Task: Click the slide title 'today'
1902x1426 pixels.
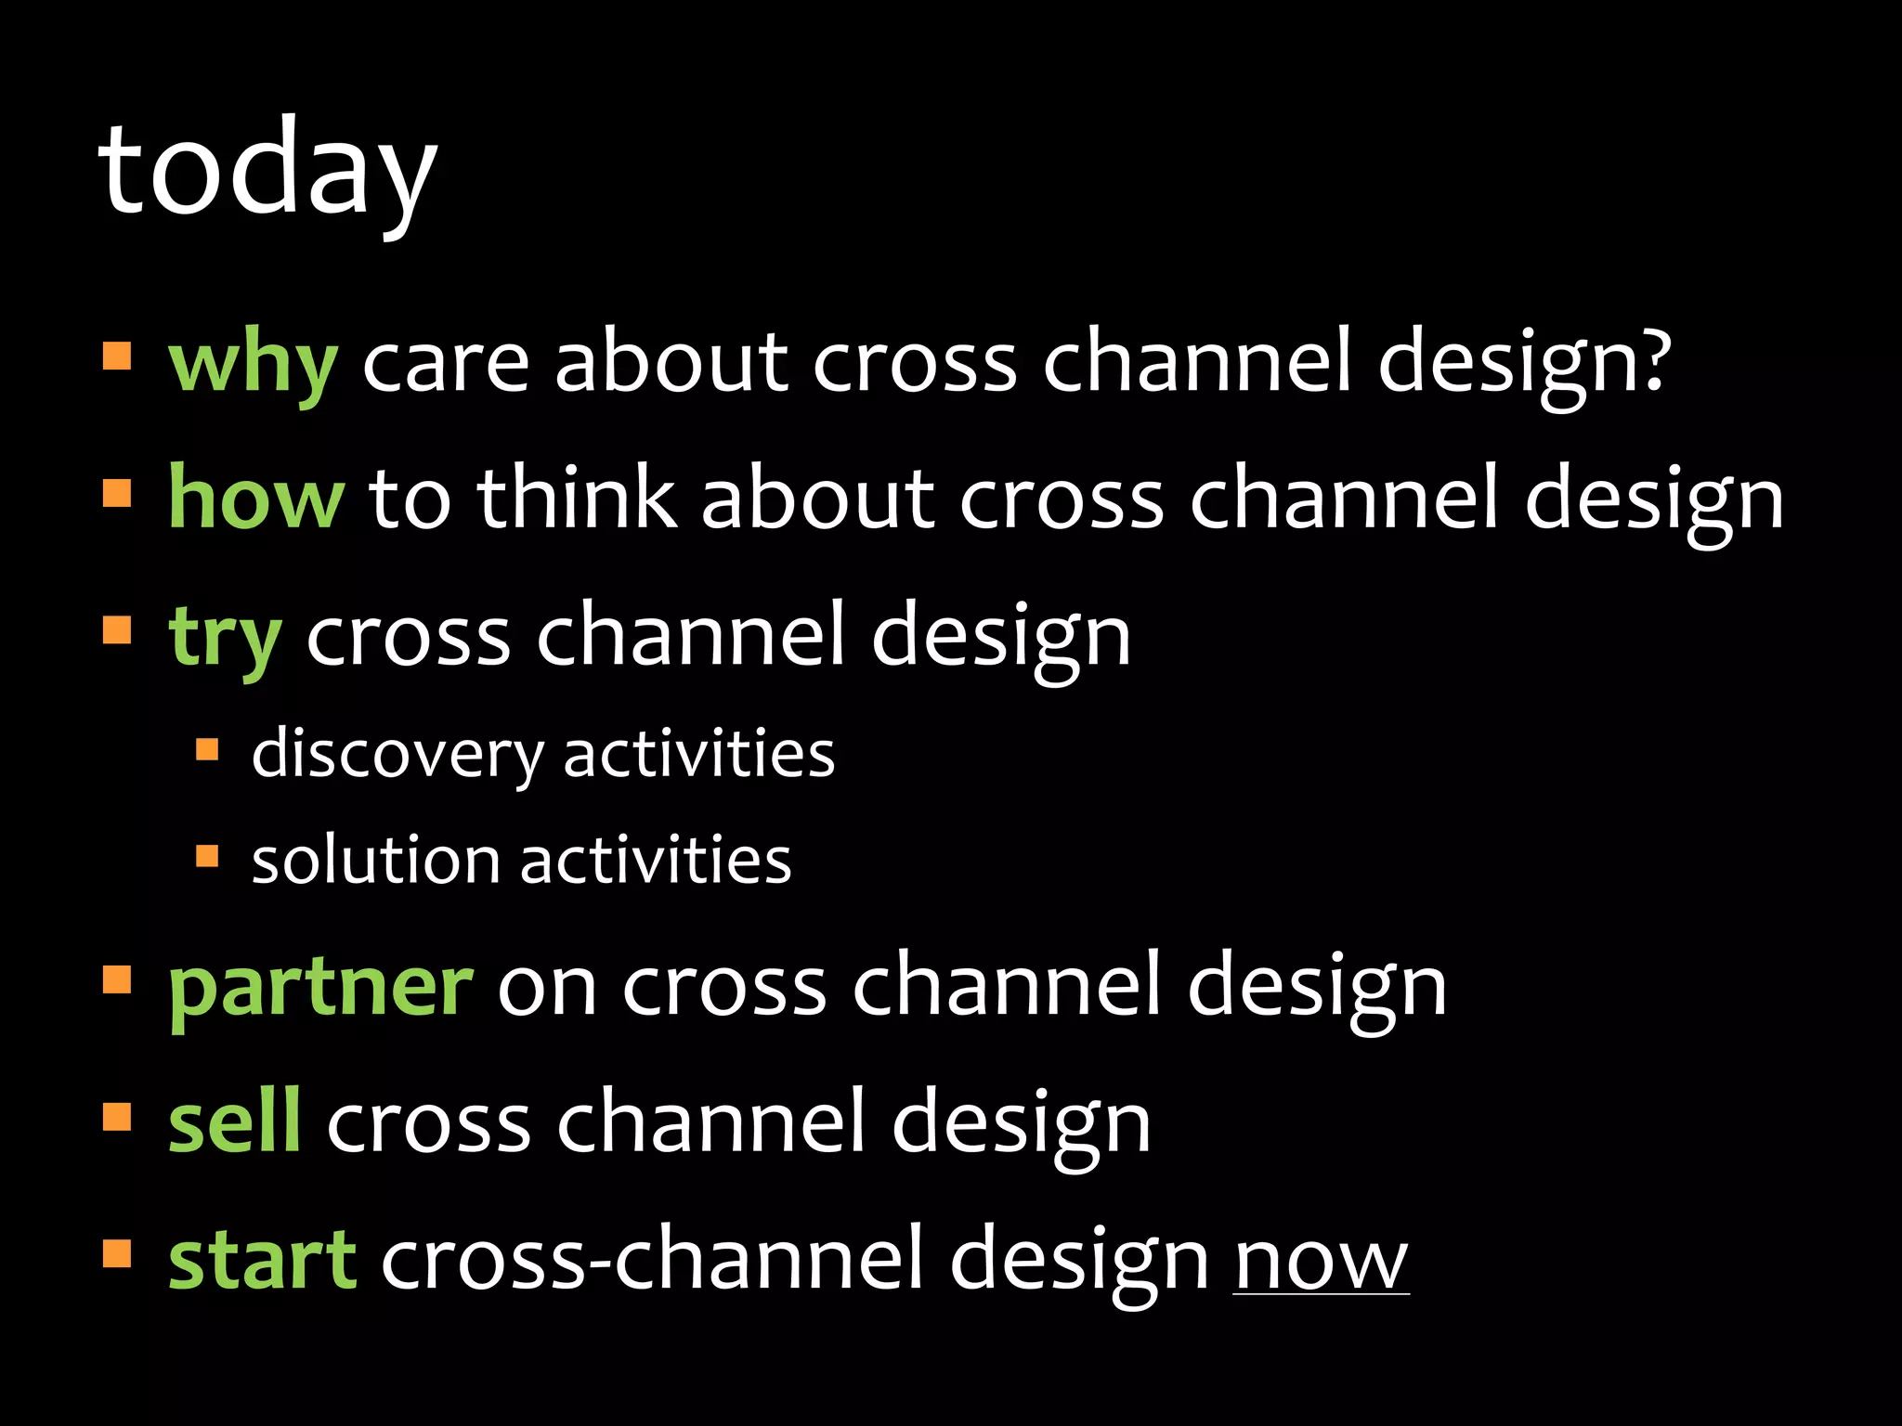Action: [267, 172]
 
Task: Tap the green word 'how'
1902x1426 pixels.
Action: [256, 499]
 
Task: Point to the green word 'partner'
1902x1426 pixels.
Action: [320, 986]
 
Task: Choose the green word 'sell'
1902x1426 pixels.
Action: [234, 1122]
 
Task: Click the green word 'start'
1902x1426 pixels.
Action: [262, 1260]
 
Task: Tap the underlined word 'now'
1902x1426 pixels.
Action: [1321, 1262]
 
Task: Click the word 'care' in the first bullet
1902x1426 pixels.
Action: [446, 364]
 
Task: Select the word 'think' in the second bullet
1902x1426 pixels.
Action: [576, 499]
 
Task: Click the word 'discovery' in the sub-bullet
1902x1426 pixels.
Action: [397, 754]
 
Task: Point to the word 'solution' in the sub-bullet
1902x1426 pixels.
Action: [375, 861]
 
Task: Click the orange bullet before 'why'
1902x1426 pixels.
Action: [117, 356]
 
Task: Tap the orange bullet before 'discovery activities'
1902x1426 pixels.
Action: [207, 749]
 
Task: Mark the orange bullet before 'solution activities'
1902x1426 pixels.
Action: [207, 855]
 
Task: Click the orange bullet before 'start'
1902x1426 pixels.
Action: [117, 1253]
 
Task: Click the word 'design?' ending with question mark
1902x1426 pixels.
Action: [1524, 364]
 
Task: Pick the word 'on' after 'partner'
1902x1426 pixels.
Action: [547, 988]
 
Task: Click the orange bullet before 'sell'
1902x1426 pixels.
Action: [117, 1117]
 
